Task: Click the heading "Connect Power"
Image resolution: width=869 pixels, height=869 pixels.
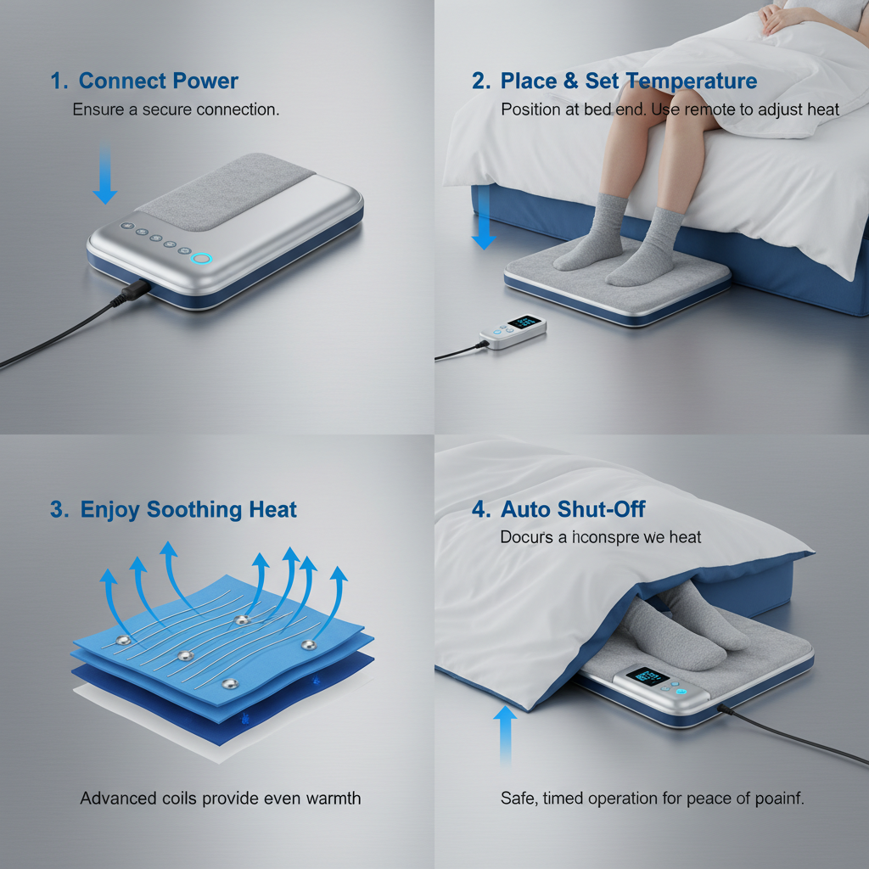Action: point(158,81)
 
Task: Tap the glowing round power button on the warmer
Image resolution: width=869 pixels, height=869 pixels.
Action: point(202,259)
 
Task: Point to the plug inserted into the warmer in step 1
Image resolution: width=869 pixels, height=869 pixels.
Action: point(134,290)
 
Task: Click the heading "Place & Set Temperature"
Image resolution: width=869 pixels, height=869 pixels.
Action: point(628,81)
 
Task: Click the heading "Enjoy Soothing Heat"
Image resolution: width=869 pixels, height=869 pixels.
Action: point(188,510)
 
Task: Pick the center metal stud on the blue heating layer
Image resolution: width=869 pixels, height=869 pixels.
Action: point(184,656)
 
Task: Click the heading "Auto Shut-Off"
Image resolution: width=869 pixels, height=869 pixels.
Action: point(573,509)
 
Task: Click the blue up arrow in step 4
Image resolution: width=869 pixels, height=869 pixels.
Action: point(505,735)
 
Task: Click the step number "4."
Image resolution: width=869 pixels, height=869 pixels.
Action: point(481,509)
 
